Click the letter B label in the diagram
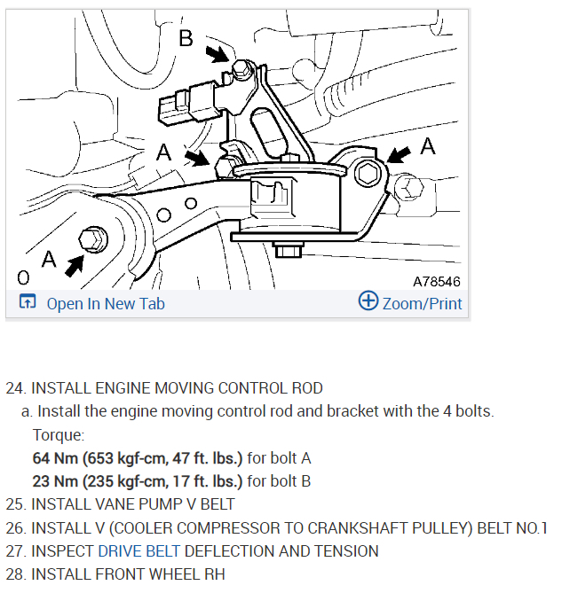(186, 39)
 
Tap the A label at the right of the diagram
(428, 145)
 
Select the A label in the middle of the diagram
(164, 152)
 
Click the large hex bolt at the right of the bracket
(367, 174)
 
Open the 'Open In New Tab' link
(106, 303)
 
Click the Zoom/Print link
(422, 303)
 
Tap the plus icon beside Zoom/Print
(368, 301)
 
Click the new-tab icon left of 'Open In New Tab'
(27, 302)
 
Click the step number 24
(15, 388)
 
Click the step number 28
(15, 573)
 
